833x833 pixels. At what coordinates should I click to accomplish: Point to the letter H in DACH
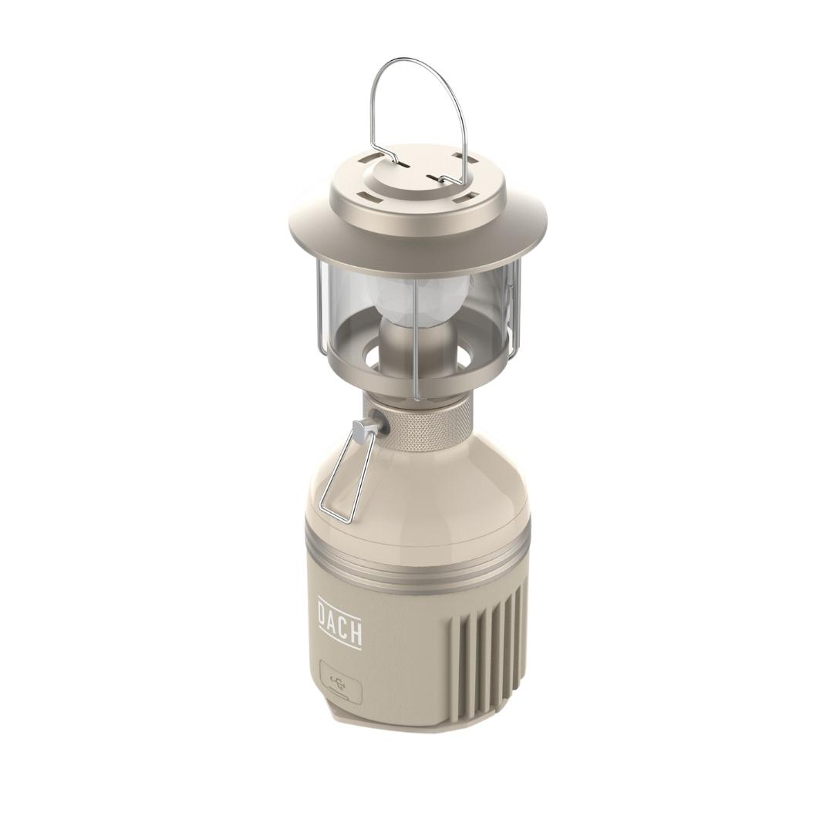click(x=356, y=635)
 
